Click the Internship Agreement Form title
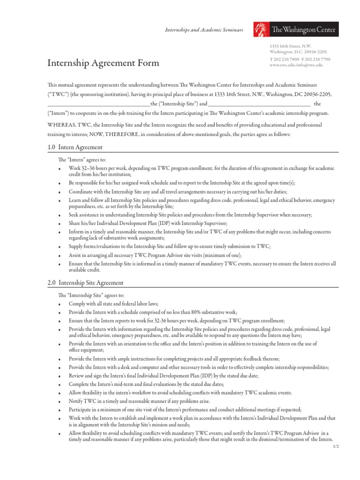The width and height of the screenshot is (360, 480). (x=103, y=63)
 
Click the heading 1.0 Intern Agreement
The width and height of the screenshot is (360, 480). (x=75, y=147)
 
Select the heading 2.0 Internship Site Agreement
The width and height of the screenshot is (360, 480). (x=86, y=283)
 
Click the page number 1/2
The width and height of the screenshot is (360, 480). (x=335, y=446)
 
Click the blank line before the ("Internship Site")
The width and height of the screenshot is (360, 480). (x=98, y=104)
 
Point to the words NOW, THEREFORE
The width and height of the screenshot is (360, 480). (x=109, y=135)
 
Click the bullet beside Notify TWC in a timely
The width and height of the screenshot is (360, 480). (x=60, y=401)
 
